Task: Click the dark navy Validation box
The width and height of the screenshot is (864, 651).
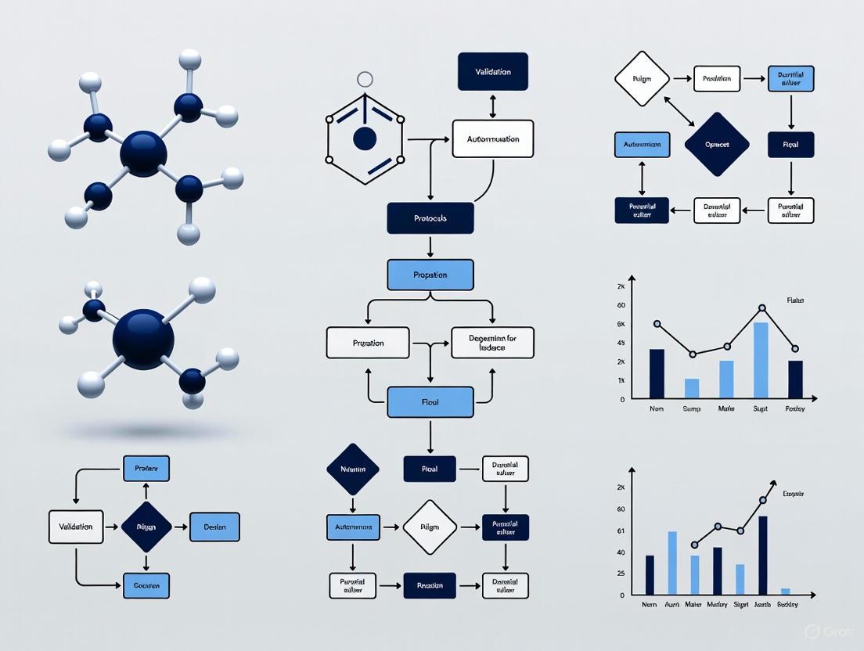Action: click(493, 72)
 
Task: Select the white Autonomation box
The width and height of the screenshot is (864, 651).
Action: click(493, 139)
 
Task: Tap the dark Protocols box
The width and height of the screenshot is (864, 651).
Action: click(430, 218)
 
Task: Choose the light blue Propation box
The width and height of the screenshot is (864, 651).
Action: click(430, 275)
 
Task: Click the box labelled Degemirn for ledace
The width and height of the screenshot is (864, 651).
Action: click(492, 343)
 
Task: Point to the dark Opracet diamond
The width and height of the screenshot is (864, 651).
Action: click(717, 145)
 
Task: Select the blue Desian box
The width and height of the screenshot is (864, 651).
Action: click(214, 527)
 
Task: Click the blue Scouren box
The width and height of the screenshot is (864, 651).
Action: click(146, 585)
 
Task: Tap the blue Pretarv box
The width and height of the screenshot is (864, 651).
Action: click(146, 469)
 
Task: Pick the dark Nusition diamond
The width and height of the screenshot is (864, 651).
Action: click(353, 469)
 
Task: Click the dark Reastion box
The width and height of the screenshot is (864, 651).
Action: click(430, 585)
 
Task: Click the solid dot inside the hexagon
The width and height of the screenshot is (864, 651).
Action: click(365, 139)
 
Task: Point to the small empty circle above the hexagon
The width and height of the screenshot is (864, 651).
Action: click(365, 79)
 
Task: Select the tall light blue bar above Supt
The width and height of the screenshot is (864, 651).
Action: click(761, 360)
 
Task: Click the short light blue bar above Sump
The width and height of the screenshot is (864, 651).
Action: click(692, 388)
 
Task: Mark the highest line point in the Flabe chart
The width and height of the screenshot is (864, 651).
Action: click(761, 308)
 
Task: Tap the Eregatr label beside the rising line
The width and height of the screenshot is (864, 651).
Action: click(794, 494)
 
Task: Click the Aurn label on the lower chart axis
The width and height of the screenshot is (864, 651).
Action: click(671, 605)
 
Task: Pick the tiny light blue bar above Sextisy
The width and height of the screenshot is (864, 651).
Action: click(786, 591)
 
